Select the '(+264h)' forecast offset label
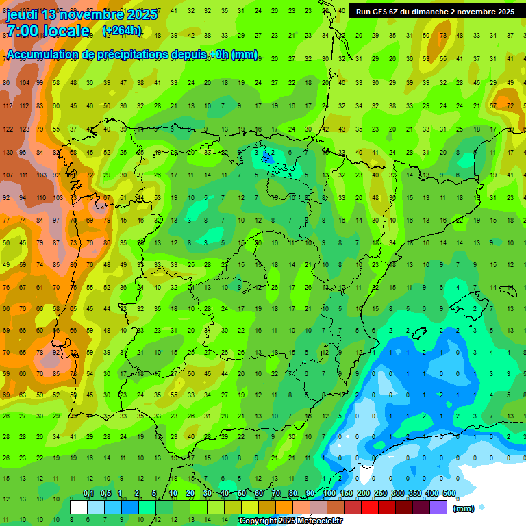[x=121, y=30]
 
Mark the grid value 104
[x=24, y=82]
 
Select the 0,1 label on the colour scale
[x=88, y=493]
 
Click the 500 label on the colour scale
[x=449, y=493]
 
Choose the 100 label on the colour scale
[x=329, y=493]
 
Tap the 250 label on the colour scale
[x=381, y=493]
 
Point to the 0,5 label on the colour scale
[x=105, y=493]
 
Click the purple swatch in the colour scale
[x=438, y=508]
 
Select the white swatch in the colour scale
[x=79, y=508]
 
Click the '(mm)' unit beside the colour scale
[x=464, y=508]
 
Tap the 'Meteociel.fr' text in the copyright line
[x=318, y=521]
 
